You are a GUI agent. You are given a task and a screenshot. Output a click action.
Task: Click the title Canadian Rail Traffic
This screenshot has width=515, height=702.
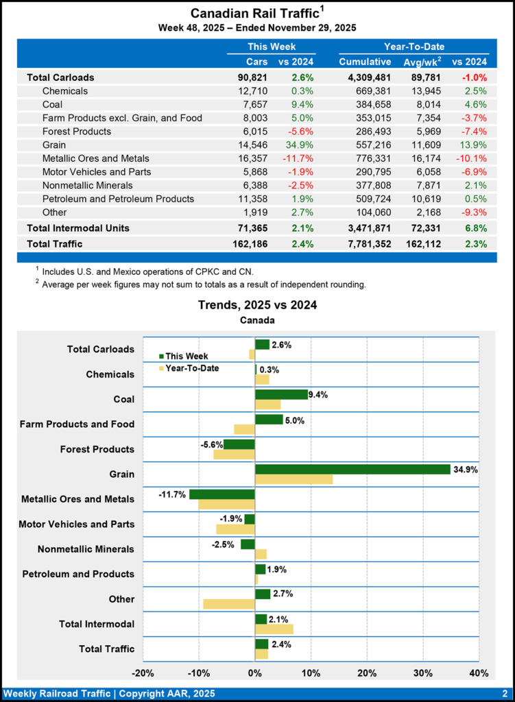[253, 14]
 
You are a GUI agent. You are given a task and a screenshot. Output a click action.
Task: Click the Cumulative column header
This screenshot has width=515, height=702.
[365, 62]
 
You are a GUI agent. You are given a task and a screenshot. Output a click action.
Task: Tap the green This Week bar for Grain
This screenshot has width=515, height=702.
[352, 470]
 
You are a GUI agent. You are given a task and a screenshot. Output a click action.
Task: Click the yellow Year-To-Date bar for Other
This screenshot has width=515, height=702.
[229, 604]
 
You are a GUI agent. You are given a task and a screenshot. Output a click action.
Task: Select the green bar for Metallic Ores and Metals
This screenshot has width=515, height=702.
[222, 494]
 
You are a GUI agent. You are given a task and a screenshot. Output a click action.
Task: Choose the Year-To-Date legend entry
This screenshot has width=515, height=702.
[189, 368]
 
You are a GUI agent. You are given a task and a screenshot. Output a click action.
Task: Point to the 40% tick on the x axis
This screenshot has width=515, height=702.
[479, 672]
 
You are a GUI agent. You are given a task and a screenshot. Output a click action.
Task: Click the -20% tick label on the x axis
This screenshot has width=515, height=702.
[143, 672]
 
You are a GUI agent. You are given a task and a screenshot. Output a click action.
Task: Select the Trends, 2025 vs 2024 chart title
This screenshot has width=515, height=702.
[257, 305]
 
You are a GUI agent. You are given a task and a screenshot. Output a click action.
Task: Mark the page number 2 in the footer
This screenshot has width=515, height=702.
[504, 693]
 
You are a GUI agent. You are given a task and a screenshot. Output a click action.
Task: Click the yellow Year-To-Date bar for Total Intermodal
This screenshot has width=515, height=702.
[274, 629]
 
